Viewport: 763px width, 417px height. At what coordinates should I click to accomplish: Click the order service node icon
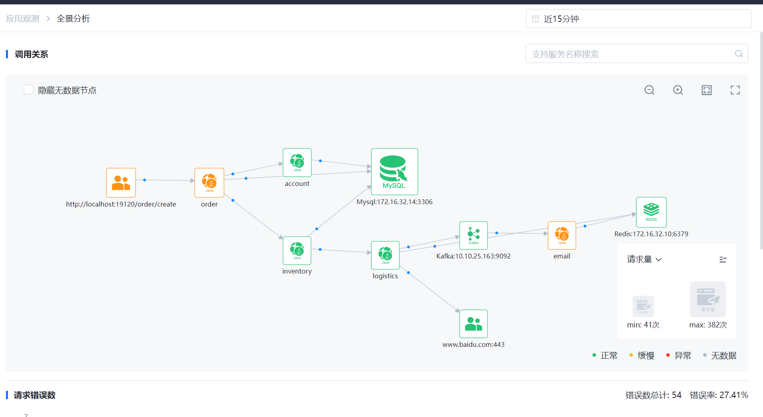pyautogui.click(x=209, y=182)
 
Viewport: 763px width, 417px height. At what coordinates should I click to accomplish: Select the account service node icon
pyautogui.click(x=297, y=162)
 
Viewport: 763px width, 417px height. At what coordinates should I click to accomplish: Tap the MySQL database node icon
pyautogui.click(x=394, y=171)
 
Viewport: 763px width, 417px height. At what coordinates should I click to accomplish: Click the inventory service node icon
pyautogui.click(x=297, y=250)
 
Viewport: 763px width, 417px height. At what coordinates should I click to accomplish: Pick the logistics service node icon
pyautogui.click(x=385, y=255)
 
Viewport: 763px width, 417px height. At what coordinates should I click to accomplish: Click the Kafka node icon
pyautogui.click(x=474, y=235)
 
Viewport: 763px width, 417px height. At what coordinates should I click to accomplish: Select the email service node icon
pyautogui.click(x=562, y=235)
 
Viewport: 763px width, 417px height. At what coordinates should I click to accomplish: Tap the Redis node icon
pyautogui.click(x=651, y=212)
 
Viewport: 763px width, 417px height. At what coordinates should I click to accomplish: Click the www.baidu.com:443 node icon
pyautogui.click(x=474, y=323)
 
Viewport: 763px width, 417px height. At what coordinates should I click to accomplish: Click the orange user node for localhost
pyautogui.click(x=121, y=182)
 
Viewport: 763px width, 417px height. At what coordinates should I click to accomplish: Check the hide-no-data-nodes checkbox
pyautogui.click(x=29, y=90)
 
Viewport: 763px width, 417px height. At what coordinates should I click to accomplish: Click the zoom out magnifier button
pyautogui.click(x=649, y=90)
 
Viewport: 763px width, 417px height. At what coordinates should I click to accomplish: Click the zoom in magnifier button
pyautogui.click(x=678, y=90)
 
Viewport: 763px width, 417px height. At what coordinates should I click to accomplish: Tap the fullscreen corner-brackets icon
pyautogui.click(x=735, y=90)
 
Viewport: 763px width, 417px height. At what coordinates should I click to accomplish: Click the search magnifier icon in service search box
pyautogui.click(x=738, y=54)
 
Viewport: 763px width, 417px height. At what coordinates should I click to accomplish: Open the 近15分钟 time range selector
pyautogui.click(x=638, y=19)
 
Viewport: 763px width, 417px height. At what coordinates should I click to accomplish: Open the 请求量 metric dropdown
pyautogui.click(x=644, y=259)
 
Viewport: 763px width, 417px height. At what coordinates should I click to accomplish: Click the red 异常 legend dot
pyautogui.click(x=668, y=355)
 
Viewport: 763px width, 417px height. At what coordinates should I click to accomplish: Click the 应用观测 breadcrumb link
pyautogui.click(x=23, y=19)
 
